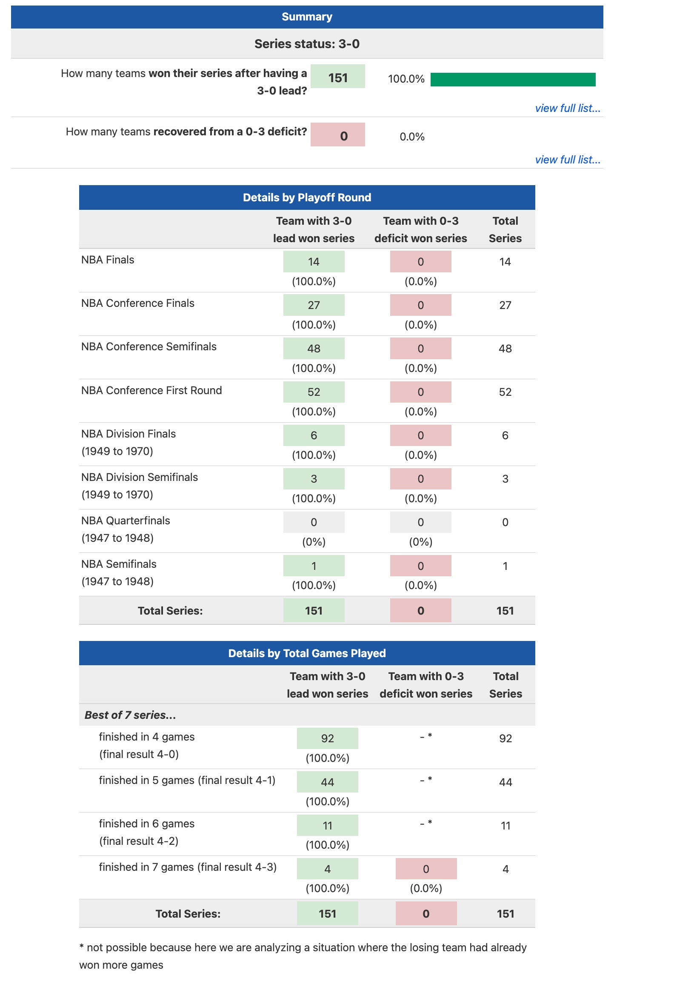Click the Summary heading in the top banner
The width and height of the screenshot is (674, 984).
click(x=307, y=17)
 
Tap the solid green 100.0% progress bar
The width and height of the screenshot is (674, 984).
click(x=513, y=80)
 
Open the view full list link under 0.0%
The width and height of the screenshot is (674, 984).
click(x=567, y=160)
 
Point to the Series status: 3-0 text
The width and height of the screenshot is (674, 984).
click(x=307, y=44)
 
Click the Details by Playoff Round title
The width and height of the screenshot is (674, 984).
click(x=307, y=197)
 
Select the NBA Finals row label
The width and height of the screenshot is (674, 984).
click(x=108, y=260)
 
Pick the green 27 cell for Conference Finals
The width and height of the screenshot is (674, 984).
click(x=314, y=305)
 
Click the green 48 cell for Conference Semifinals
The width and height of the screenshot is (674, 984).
click(x=314, y=349)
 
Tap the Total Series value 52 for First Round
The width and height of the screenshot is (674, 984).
click(x=505, y=392)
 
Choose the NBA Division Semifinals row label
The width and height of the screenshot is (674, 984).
click(x=140, y=478)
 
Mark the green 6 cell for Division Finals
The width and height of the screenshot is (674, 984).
click(x=314, y=435)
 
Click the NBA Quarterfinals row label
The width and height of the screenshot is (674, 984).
click(x=126, y=521)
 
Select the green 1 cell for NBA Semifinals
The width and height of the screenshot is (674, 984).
click(x=314, y=566)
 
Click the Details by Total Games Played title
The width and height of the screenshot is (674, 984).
click(x=307, y=653)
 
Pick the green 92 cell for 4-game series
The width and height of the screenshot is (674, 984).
click(x=327, y=738)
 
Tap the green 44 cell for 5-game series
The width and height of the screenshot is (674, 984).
click(x=327, y=782)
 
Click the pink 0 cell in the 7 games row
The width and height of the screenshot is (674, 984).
click(x=426, y=869)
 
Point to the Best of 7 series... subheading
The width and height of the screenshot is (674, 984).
click(x=130, y=715)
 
